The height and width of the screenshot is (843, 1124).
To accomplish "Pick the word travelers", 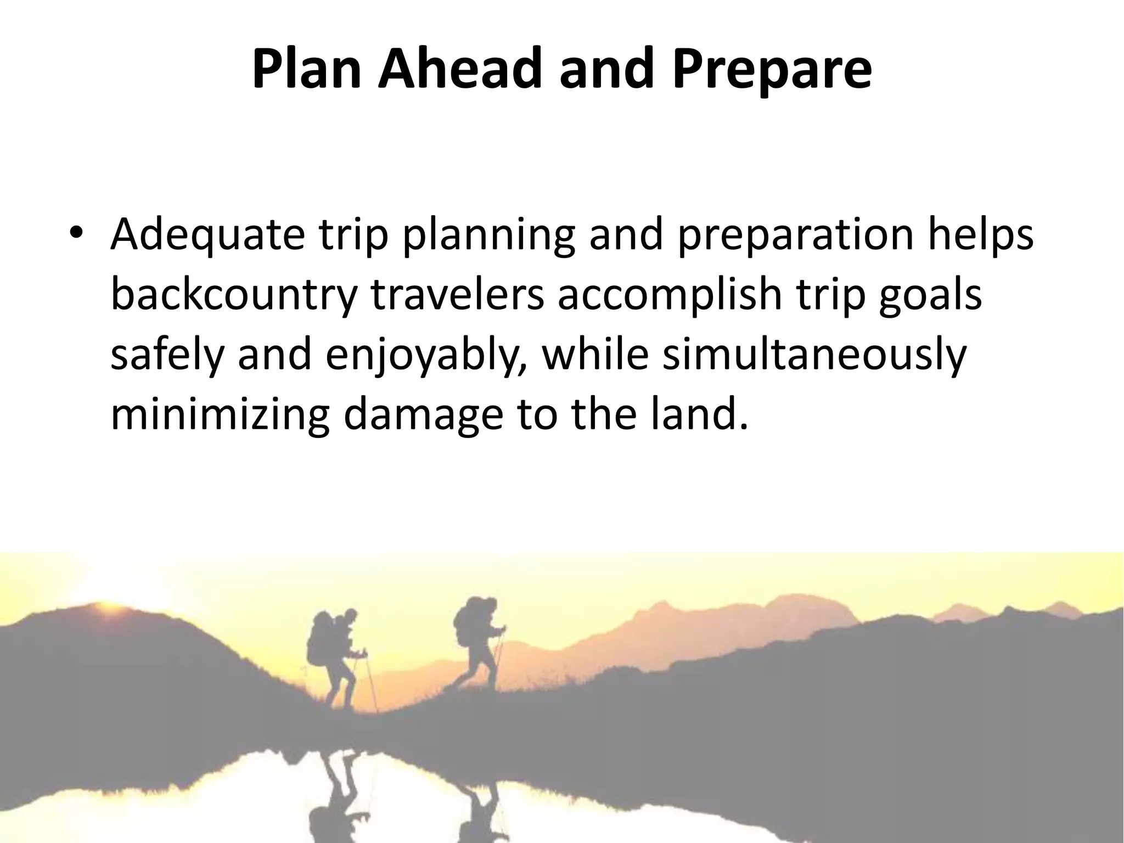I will tap(458, 295).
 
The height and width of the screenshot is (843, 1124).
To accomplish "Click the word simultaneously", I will tap(814, 356).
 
